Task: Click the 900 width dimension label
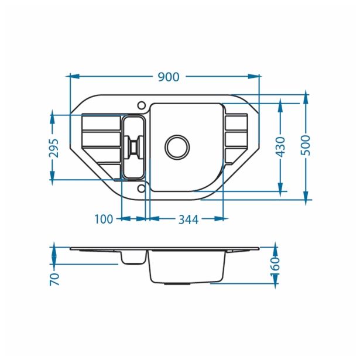point(169,77)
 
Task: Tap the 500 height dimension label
point(306,145)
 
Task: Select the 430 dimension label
point(281,147)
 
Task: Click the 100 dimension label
point(104,219)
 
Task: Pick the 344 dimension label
point(188,220)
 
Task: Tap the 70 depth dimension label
point(54,279)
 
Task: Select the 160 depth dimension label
point(275,267)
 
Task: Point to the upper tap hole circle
point(142,105)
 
